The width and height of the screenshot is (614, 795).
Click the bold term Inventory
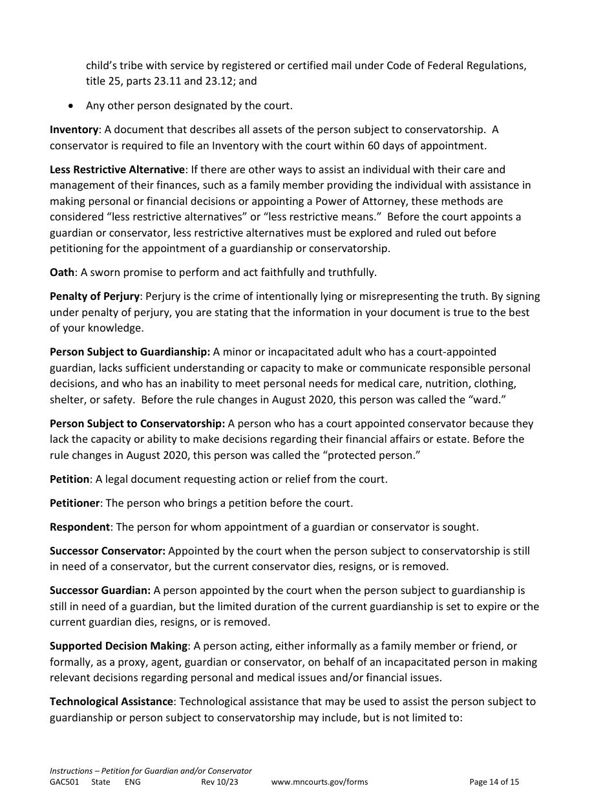[x=74, y=129]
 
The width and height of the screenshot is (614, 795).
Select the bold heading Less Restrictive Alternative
[x=117, y=169]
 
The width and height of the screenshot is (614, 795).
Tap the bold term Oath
[x=62, y=272]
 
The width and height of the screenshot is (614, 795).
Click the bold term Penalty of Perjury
[x=94, y=296]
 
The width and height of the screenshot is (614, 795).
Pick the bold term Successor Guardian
[x=100, y=590]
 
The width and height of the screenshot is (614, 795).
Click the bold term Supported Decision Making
[x=119, y=646]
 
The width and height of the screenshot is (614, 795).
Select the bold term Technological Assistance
[x=111, y=701]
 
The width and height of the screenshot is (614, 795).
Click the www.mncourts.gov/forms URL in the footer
[x=319, y=781]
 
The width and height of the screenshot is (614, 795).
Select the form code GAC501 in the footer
[x=64, y=781]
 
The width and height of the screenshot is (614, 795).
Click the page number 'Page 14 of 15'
[x=494, y=781]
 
